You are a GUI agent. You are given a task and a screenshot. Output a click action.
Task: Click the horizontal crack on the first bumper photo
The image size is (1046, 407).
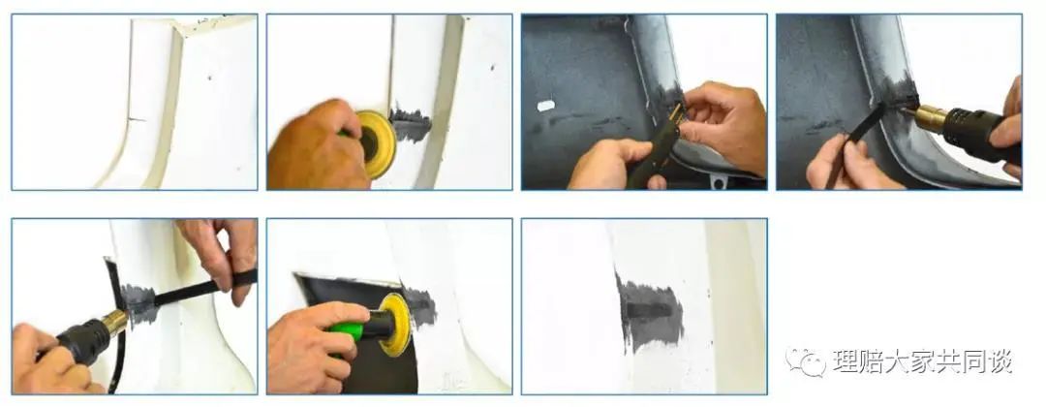(x=137, y=119)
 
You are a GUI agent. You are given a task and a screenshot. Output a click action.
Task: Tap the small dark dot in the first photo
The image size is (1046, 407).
(x=209, y=78)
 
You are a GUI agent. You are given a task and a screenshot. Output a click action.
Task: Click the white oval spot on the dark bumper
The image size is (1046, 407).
(x=545, y=106)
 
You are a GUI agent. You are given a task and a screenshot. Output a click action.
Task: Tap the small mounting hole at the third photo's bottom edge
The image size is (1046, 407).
(x=718, y=180)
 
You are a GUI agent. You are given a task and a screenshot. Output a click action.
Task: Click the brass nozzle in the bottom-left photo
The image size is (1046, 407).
(x=114, y=323)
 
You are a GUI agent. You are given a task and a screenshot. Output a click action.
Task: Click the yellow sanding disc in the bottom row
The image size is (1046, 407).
(x=394, y=325)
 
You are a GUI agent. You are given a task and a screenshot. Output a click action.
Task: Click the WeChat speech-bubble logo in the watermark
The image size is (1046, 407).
(x=805, y=361)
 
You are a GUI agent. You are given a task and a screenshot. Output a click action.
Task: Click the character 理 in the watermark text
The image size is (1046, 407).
(x=845, y=360)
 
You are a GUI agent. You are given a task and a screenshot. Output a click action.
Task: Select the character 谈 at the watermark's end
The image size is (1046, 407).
(x=1000, y=360)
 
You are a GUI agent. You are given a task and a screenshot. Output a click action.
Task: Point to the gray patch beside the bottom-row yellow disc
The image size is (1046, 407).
(x=421, y=308)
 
